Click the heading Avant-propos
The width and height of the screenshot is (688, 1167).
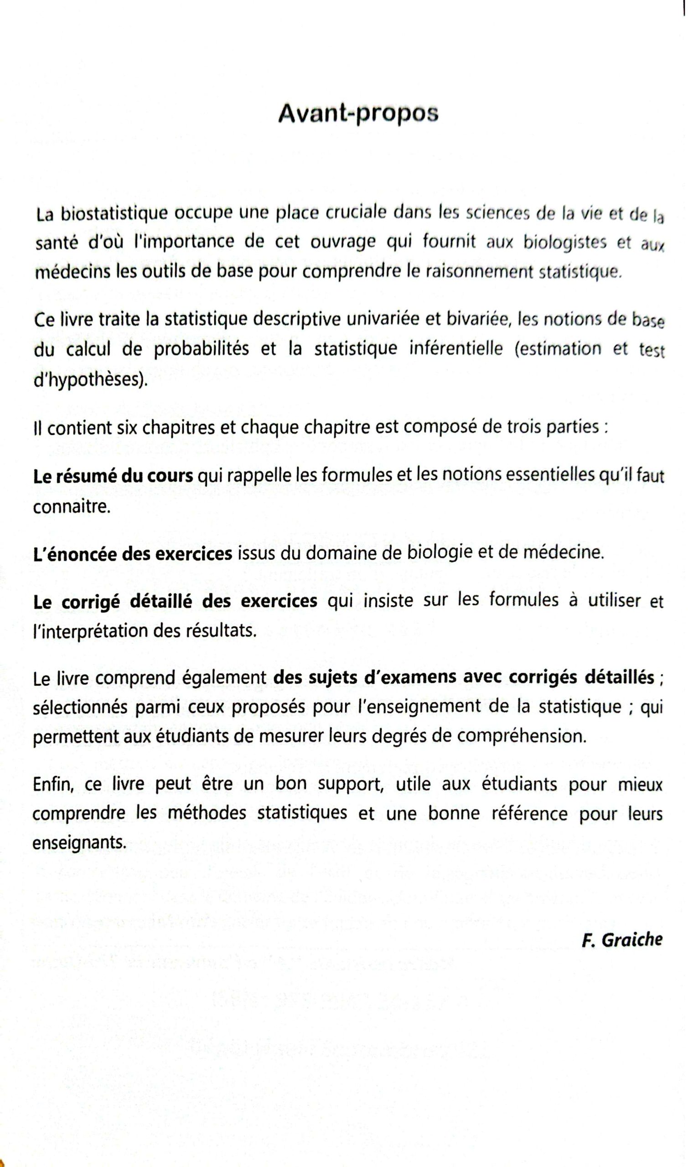[x=358, y=114]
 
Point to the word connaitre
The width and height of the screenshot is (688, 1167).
[x=72, y=506]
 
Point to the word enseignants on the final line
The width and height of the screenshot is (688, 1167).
[x=79, y=842]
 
